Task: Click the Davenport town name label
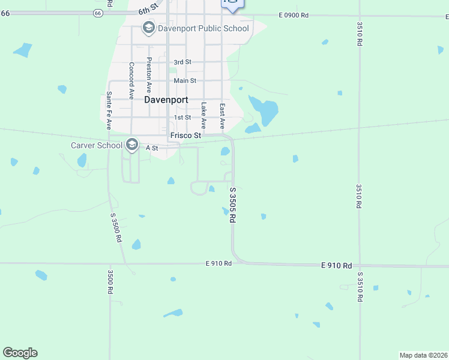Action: [166, 100]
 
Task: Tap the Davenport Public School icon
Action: [148, 28]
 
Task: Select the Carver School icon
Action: [132, 145]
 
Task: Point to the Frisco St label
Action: [185, 136]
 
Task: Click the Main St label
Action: [185, 80]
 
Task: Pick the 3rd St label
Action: [182, 62]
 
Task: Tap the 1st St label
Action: [182, 118]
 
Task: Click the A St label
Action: [152, 148]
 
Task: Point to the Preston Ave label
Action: [149, 73]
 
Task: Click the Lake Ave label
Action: [203, 115]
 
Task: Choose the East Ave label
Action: [221, 116]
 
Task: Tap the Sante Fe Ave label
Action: [109, 110]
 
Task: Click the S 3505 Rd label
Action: [232, 205]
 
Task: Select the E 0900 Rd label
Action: [294, 15]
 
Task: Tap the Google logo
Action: [20, 353]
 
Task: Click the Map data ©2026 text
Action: [424, 355]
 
